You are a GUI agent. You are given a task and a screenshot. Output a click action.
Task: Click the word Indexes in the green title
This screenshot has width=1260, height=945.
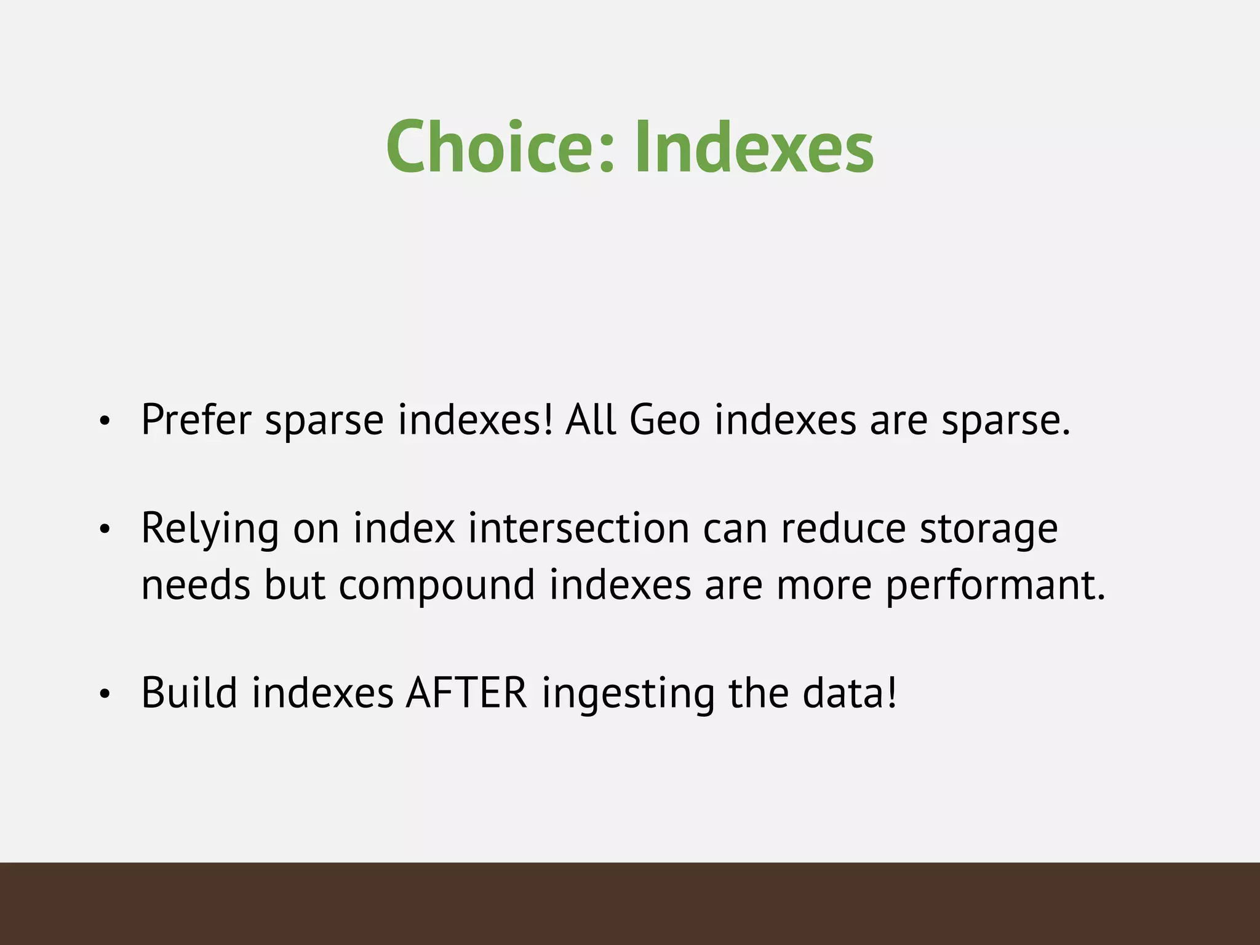[x=753, y=148]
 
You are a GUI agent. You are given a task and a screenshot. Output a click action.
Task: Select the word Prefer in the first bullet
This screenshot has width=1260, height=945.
[x=196, y=420]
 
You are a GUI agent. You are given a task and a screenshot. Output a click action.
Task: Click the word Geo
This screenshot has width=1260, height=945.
[x=664, y=420]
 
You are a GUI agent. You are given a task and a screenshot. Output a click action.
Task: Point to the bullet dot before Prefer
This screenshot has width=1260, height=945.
[x=105, y=422]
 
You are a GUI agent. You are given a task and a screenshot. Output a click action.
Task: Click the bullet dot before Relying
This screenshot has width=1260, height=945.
[x=105, y=529]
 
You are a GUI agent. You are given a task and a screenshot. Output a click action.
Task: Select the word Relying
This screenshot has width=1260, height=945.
[x=210, y=529]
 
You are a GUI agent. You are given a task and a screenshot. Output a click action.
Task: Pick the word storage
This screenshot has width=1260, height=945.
[x=988, y=529]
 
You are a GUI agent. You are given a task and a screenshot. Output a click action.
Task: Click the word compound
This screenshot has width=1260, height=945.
[x=437, y=584]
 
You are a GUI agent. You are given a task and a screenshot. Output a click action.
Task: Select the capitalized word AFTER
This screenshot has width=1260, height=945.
[x=466, y=693]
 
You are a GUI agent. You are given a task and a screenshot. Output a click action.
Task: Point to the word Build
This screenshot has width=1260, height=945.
[x=189, y=693]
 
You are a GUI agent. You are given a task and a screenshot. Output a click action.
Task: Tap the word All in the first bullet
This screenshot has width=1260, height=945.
[x=591, y=420]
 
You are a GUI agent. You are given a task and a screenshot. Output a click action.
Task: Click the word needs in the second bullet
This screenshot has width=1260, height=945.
[x=196, y=584]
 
